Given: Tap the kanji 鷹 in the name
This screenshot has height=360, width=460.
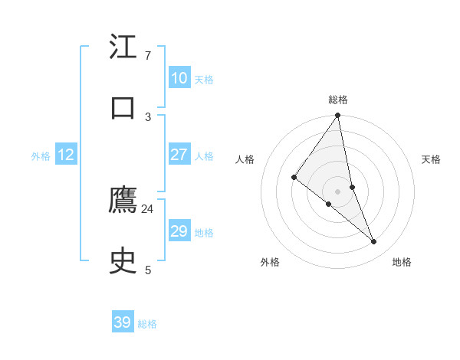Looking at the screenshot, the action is point(123,201).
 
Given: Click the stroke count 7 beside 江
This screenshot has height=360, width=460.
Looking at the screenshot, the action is point(147,56).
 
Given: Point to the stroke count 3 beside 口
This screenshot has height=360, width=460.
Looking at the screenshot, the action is point(147,116).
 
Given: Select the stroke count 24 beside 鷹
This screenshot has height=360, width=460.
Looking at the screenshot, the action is point(147,209).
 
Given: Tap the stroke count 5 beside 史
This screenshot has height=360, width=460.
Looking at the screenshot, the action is point(147,270).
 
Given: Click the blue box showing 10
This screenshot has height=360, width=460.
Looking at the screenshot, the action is point(179,78).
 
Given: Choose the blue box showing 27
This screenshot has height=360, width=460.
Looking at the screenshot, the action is point(179,155).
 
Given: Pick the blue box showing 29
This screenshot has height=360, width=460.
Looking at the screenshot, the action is point(179,231).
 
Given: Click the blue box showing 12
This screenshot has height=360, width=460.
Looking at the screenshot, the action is point(66,155).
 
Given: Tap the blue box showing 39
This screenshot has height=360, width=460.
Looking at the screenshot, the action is point(123,322).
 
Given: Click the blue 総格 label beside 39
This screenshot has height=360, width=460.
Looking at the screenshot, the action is point(147,324).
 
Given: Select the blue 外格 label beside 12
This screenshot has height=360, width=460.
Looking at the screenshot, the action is point(41,156).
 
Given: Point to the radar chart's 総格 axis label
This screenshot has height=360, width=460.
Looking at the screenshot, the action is point(338,100).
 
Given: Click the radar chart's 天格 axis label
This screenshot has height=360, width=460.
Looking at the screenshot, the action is point(431,159).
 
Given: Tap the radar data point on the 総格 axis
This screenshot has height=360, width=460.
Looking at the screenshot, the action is point(338,116).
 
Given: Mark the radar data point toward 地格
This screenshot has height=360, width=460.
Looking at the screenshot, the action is point(374,242).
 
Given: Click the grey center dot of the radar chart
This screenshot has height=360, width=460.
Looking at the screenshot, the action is point(338,191).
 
